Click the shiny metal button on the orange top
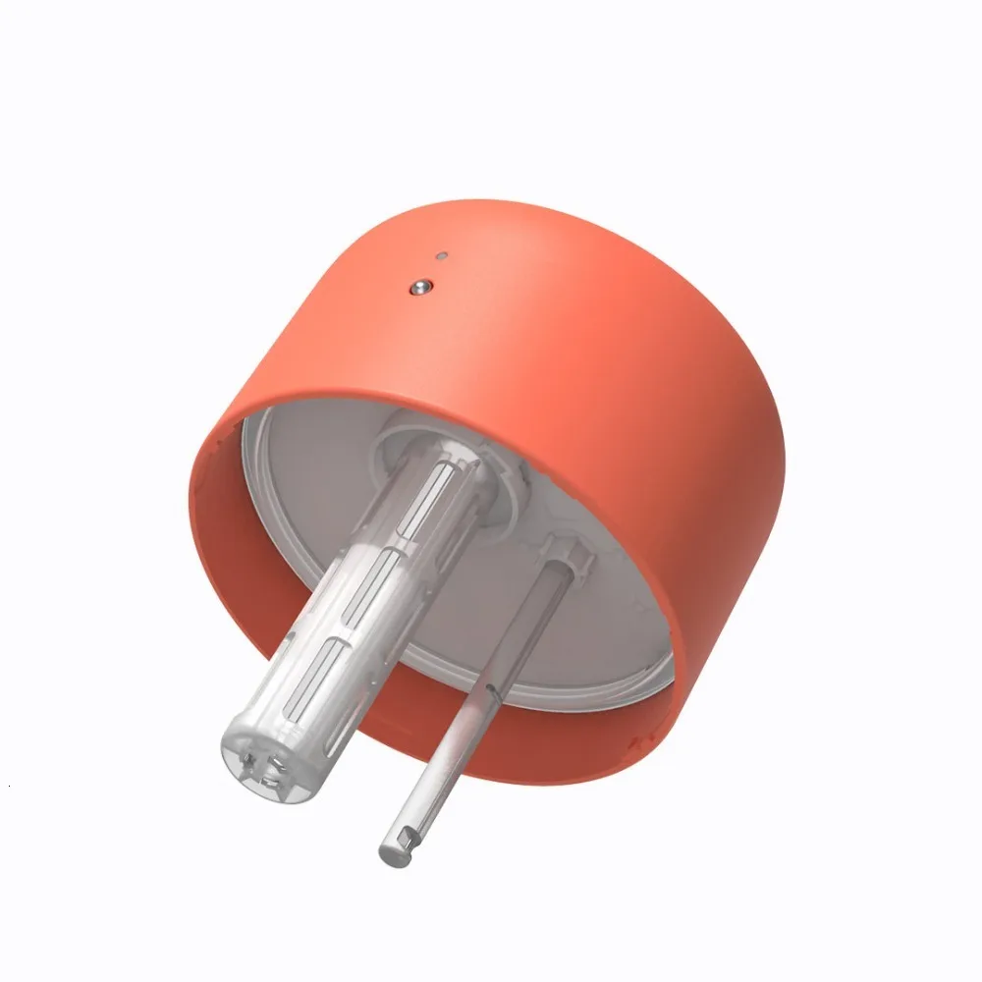421,287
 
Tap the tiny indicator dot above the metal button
443,256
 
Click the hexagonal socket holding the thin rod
569,556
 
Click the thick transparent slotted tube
354,609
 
